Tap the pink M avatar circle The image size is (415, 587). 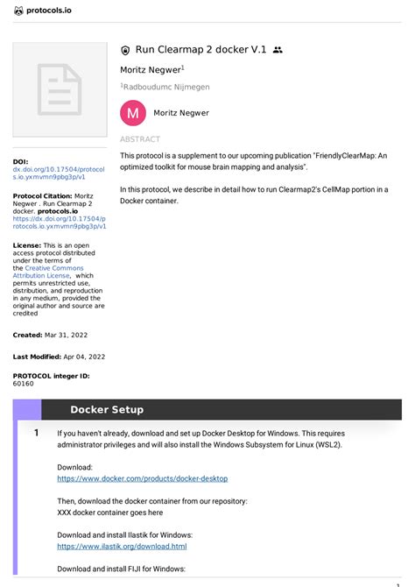(132, 113)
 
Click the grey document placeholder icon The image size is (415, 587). (59, 89)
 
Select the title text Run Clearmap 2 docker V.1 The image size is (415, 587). (200, 50)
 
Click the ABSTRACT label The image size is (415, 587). (140, 139)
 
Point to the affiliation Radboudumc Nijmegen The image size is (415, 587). (166, 87)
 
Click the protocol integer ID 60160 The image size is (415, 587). (24, 384)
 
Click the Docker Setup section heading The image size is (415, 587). (107, 410)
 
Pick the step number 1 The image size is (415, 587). (36, 433)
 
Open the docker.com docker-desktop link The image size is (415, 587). (142, 479)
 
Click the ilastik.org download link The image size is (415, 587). (122, 546)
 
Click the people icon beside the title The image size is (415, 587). (278, 51)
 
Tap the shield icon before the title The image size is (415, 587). (125, 51)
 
